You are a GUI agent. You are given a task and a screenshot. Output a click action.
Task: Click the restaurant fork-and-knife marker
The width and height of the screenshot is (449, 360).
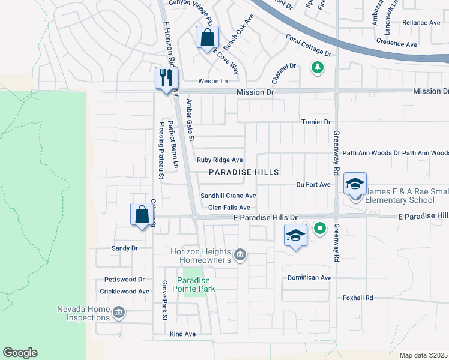pos(166,77)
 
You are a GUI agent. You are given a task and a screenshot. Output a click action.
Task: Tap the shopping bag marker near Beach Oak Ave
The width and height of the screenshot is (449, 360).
pos(207,38)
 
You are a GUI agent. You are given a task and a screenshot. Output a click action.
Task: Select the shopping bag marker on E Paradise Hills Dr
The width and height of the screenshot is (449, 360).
pos(142,214)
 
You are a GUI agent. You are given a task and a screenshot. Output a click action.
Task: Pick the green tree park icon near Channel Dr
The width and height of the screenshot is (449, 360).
pos(317,67)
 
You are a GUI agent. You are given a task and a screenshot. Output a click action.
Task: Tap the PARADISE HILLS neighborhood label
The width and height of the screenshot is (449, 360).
pos(244,172)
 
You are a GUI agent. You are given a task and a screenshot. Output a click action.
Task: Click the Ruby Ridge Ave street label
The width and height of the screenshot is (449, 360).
pos(220,160)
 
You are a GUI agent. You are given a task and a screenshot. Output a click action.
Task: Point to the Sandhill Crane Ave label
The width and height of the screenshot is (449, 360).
pos(228,196)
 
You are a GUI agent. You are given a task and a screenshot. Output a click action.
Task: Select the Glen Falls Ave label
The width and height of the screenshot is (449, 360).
pos(229,208)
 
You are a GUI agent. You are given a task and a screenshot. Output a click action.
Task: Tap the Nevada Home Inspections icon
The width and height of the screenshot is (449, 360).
pos(118,312)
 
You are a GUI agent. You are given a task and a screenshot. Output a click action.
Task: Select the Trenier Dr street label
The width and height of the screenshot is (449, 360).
pos(316,122)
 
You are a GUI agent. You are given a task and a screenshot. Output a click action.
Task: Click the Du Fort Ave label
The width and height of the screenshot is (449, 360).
pos(313,184)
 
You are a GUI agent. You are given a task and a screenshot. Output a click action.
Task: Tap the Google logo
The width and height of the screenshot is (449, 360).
pos(20,353)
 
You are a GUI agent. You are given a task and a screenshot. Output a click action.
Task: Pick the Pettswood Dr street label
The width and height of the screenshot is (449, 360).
pos(125,280)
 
